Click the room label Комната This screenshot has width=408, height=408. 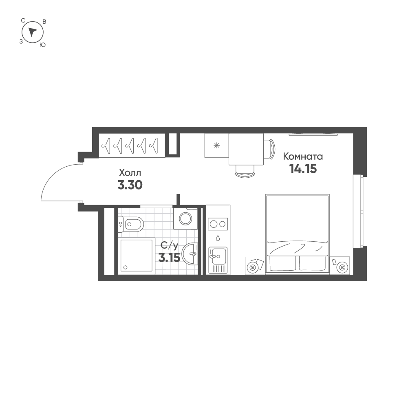[x=303, y=157]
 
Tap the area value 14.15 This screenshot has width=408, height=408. [x=303, y=169]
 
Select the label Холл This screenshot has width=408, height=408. [x=130, y=172]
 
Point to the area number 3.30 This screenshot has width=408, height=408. [x=130, y=185]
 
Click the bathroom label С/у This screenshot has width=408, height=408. [x=169, y=245]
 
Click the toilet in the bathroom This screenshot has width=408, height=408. [x=131, y=223]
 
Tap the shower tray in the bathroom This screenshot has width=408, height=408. [x=137, y=256]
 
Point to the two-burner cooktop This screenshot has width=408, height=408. [x=218, y=224]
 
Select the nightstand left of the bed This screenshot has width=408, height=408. [x=255, y=267]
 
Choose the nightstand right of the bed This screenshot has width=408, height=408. [x=340, y=267]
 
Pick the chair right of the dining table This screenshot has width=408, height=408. [x=269, y=149]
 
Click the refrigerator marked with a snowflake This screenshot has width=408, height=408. [x=216, y=145]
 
